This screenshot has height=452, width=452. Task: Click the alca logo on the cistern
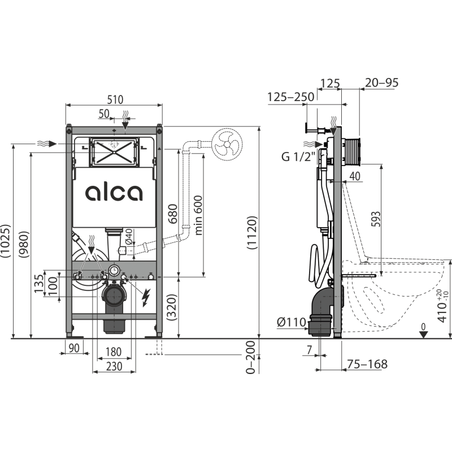point(114,193)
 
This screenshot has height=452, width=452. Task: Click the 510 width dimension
point(115,100)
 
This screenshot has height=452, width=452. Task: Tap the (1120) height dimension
point(251,232)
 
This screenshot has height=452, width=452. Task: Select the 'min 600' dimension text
point(198,215)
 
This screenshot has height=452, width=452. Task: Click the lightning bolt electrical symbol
point(146,298)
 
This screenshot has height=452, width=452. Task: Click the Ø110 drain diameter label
point(291,322)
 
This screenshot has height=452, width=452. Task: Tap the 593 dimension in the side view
point(376,219)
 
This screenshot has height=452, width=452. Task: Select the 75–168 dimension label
point(367,364)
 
